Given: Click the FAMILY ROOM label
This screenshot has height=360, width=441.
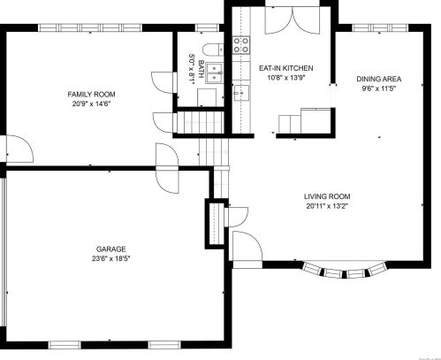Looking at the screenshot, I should (93, 94).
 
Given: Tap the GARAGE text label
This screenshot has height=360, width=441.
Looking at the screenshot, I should (110, 249).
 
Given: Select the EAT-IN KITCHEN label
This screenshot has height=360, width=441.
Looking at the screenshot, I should (285, 68).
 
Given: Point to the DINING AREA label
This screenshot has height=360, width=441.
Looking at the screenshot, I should (378, 79).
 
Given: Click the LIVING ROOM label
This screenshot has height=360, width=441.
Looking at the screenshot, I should (327, 197).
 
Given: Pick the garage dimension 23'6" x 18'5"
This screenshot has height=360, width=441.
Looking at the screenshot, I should (110, 260).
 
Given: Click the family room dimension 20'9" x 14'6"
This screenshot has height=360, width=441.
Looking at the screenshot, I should (93, 103).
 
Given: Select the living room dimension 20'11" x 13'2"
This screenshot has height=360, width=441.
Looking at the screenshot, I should (327, 207).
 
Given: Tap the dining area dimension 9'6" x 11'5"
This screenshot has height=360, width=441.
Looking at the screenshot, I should (378, 88).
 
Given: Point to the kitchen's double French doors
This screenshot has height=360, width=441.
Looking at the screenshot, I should (290, 21).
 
